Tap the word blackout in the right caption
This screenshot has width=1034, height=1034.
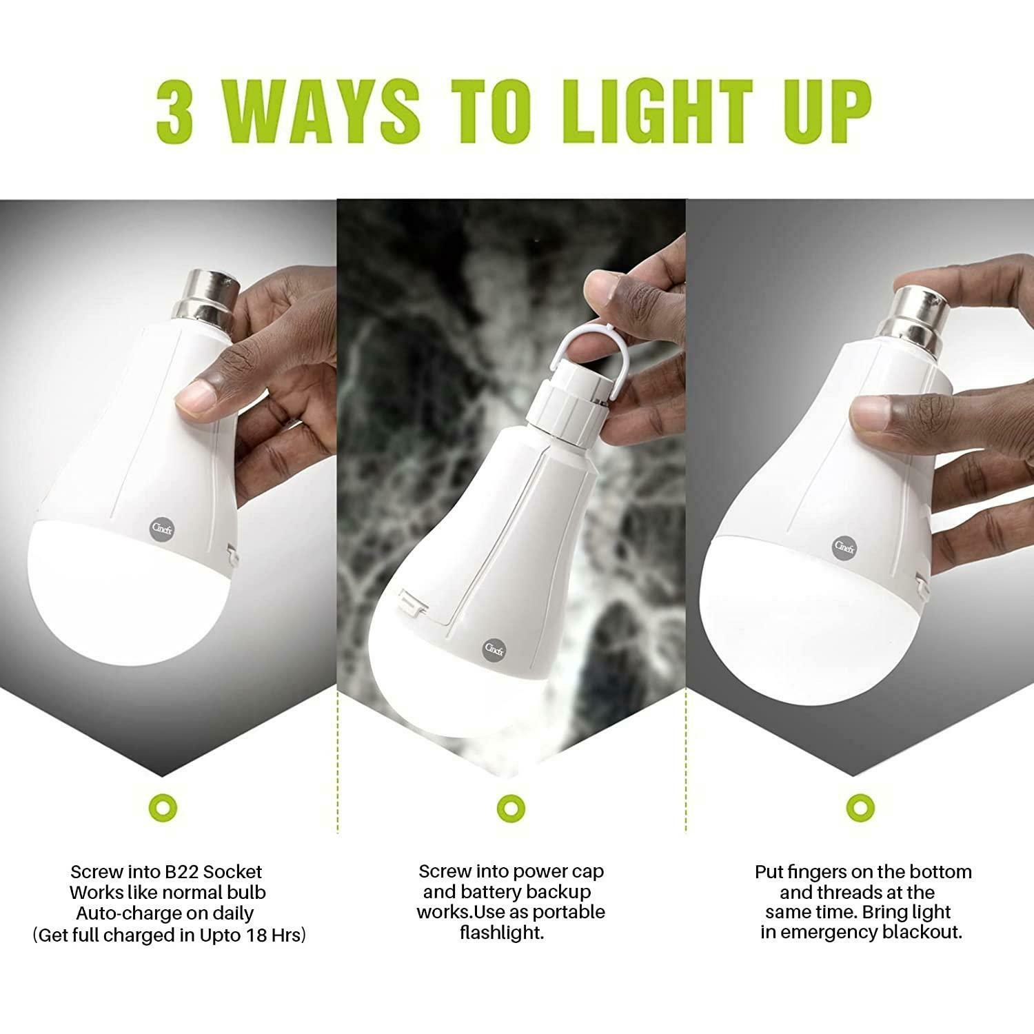tap(921, 933)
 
